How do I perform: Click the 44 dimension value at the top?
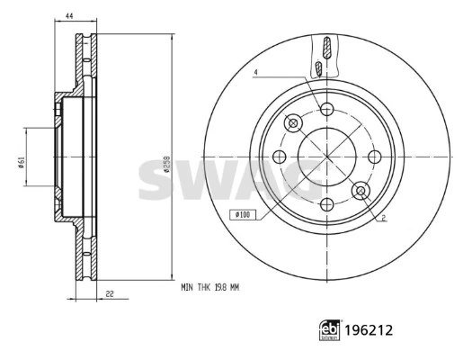point(69,16)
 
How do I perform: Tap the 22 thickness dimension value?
point(110,293)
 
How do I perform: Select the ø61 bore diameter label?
point(21,163)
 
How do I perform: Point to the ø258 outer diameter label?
point(166,164)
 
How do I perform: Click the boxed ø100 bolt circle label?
point(243,214)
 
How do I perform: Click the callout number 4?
point(256,72)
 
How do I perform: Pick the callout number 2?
point(384,218)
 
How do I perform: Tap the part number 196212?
point(369,330)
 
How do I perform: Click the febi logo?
point(330,330)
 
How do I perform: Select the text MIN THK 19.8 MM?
point(209,288)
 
